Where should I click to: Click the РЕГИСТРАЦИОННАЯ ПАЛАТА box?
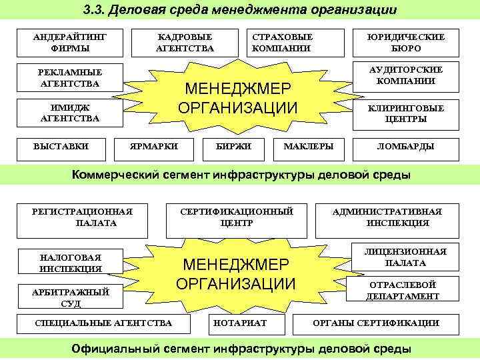click(83, 217)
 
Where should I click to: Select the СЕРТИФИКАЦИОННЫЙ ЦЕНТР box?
click(237, 217)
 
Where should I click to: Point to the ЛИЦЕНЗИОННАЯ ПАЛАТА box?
click(405, 257)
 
